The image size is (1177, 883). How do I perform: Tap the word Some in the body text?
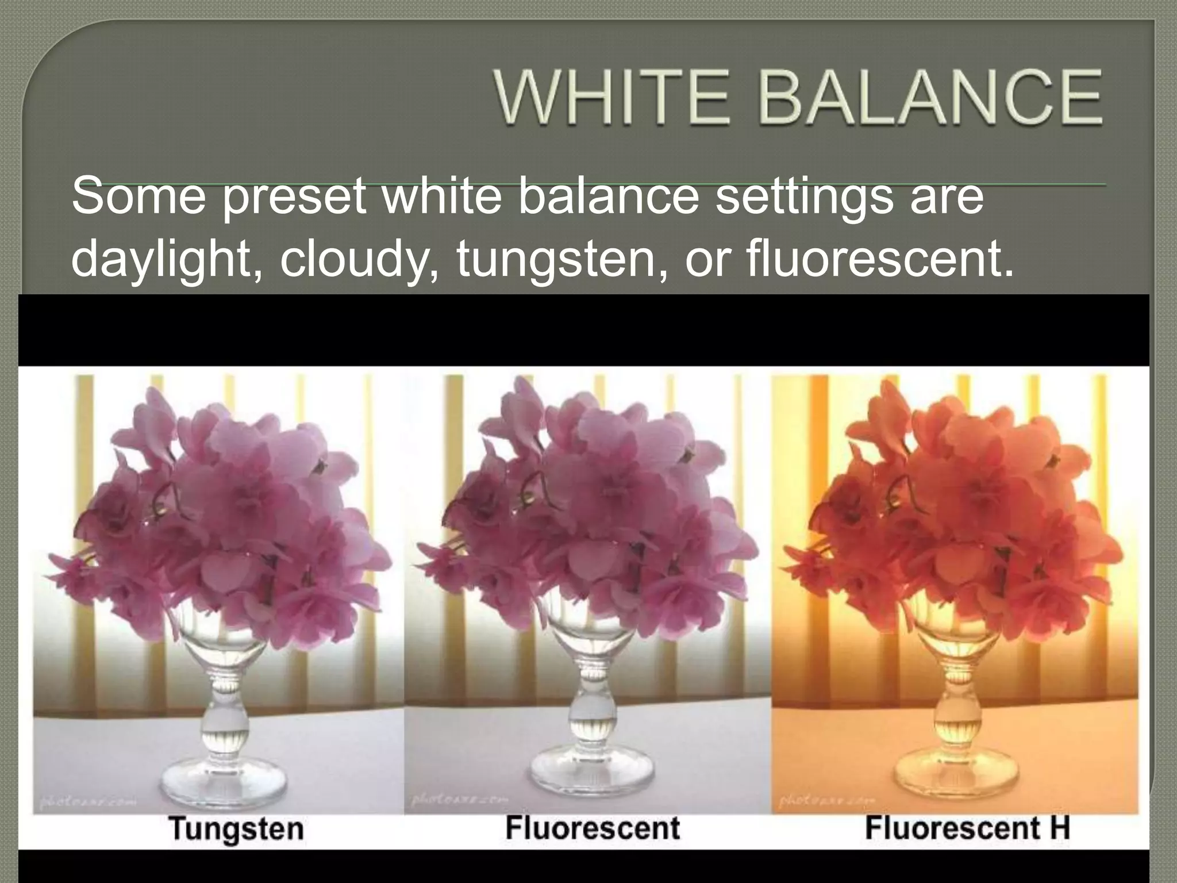[x=138, y=196]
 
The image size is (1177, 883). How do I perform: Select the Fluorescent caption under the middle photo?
[x=593, y=828]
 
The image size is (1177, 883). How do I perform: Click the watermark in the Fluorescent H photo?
[x=828, y=800]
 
